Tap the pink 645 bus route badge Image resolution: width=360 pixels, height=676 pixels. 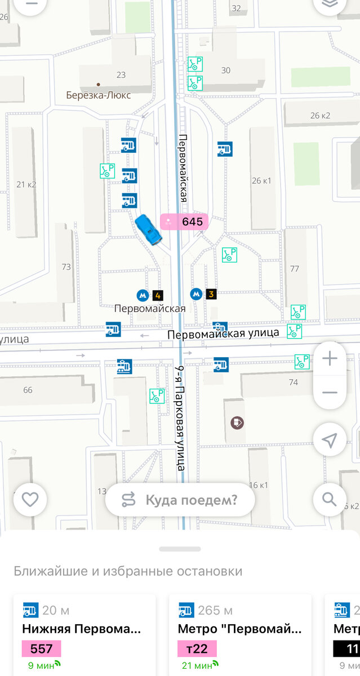[184, 221]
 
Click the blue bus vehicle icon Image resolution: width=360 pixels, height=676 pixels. [149, 229]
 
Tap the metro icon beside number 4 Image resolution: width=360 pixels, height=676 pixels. [143, 295]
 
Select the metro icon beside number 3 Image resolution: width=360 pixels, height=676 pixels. [196, 293]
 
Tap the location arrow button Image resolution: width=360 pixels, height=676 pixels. [330, 440]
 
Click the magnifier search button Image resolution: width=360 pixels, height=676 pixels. [330, 499]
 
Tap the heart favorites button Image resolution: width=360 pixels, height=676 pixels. [30, 499]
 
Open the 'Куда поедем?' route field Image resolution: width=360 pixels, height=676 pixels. [180, 499]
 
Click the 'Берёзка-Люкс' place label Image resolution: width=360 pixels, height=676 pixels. [98, 95]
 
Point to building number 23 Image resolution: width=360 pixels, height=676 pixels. [121, 75]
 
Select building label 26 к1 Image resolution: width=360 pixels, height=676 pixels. [261, 181]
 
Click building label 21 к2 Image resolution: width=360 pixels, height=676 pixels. [26, 184]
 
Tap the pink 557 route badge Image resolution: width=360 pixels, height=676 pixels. [41, 649]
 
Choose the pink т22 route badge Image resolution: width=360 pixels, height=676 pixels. [197, 649]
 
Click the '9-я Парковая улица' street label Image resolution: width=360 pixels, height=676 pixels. [180, 417]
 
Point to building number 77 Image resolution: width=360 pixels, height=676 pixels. [294, 269]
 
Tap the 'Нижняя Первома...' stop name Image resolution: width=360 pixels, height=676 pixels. [81, 629]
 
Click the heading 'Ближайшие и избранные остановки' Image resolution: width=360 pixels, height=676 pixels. [128, 571]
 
